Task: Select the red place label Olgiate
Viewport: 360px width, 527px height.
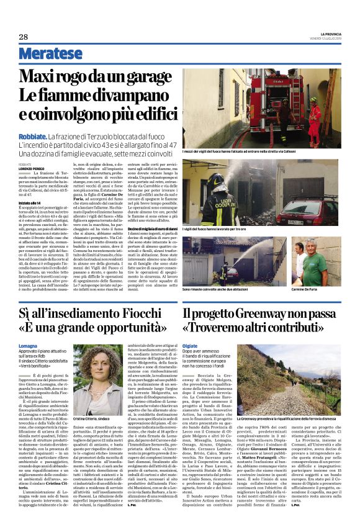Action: [190, 344]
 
